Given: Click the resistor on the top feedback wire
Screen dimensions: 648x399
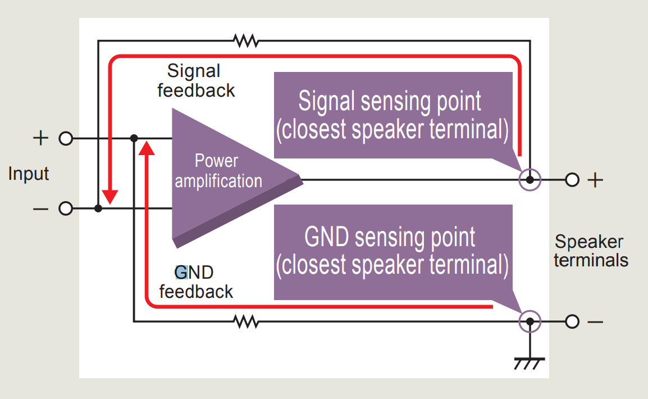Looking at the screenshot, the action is [246, 40].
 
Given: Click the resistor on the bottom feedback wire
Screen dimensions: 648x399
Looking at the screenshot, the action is [246, 321].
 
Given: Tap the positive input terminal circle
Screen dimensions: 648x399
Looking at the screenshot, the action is [66, 138].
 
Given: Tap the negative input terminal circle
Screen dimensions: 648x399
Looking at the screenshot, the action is [66, 208].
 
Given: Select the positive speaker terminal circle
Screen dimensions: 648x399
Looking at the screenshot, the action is [572, 180].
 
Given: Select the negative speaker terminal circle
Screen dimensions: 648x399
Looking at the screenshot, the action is [572, 321].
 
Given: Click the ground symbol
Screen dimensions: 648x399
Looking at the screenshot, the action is [530, 363].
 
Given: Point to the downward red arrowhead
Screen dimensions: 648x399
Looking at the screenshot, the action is [110, 197].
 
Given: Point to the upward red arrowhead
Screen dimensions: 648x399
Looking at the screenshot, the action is [147, 148].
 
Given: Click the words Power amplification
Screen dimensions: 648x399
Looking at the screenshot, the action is [218, 171].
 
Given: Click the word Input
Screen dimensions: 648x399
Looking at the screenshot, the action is [29, 174].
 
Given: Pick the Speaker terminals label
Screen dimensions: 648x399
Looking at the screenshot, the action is [591, 251].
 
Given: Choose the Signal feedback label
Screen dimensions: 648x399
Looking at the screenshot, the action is [196, 80].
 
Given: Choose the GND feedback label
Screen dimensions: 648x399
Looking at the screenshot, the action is [196, 282].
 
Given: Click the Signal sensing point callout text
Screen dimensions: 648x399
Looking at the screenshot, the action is [392, 115].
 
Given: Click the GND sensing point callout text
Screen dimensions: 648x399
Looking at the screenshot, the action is [392, 251].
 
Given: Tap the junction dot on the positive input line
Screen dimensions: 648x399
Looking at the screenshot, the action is [134, 138].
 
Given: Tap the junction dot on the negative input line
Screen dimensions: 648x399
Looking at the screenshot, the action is [98, 208].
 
